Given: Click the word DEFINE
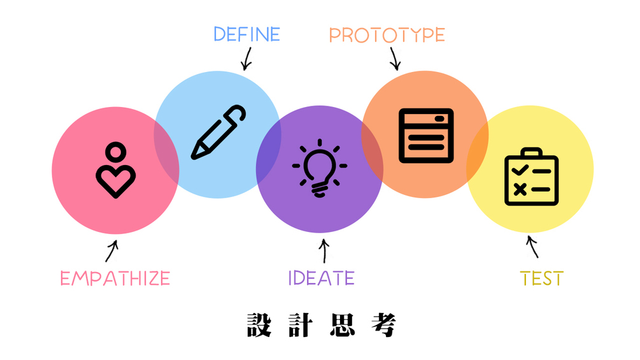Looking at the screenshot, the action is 247,34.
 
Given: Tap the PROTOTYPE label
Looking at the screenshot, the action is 387,35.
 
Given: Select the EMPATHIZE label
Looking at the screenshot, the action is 115,278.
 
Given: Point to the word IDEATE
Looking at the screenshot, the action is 322,278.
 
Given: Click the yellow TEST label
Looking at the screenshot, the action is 542,278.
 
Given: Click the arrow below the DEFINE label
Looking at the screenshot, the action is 247,59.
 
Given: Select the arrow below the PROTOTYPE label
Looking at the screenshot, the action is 394,59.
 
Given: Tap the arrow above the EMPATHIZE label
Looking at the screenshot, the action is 112,250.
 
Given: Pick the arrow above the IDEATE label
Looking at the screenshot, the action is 324,250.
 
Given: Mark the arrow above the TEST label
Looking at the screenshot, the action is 532,247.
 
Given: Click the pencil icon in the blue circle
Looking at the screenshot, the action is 218,133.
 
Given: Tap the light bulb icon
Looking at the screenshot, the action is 320,168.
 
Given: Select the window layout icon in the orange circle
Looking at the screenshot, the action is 426,136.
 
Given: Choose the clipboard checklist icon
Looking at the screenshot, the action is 532,176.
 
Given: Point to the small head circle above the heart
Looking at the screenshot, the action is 115,152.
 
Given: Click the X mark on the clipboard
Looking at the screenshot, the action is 520,189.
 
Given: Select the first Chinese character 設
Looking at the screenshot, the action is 259,326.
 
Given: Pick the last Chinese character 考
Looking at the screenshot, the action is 383,326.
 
